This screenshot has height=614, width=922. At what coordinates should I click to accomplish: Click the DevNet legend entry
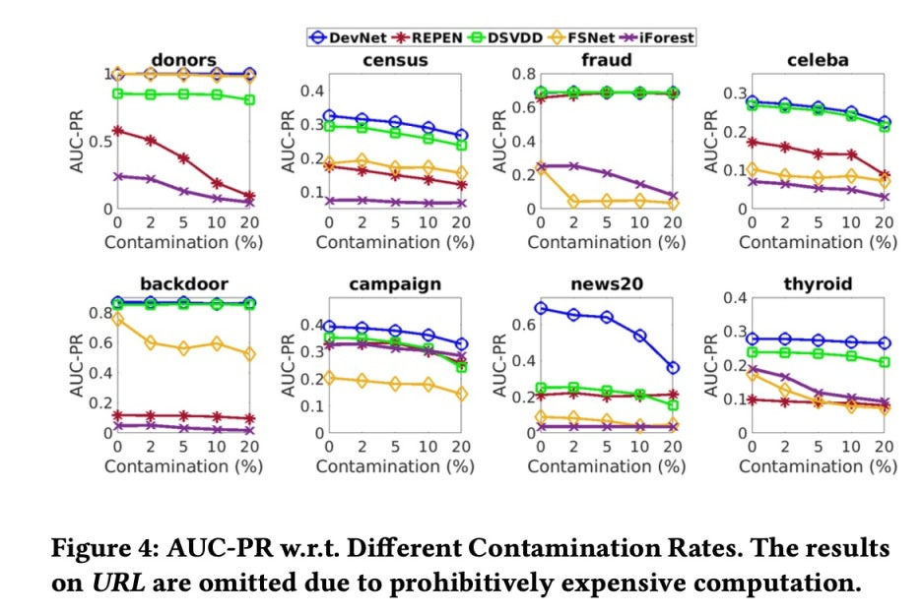[x=341, y=37]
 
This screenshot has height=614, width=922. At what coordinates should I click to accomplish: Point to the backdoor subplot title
[x=184, y=284]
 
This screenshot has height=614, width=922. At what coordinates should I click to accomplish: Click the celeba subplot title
[x=819, y=61]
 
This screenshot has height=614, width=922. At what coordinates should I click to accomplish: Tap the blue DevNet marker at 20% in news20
[x=672, y=368]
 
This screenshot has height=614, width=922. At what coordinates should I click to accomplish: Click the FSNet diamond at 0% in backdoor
[x=119, y=319]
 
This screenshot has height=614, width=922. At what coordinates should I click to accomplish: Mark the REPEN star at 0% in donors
[x=119, y=130]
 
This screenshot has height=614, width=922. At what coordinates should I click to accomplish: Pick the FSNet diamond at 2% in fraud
[x=573, y=202]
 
